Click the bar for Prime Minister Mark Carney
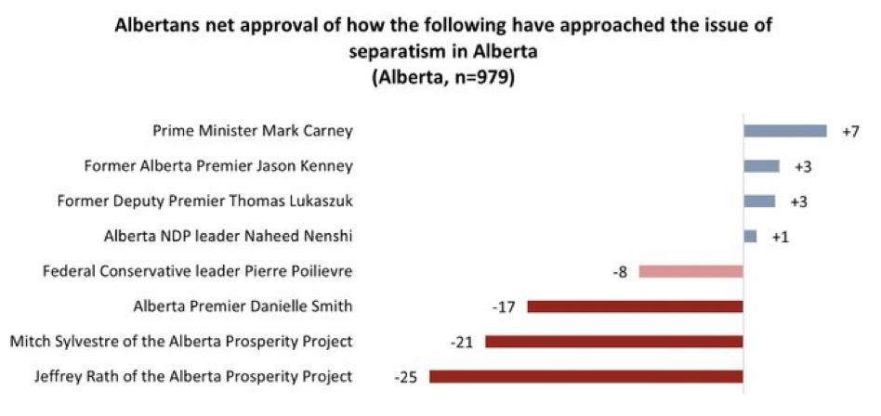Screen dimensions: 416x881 [784, 131]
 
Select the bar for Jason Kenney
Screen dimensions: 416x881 [761, 166]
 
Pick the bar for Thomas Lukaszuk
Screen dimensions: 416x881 [758, 201]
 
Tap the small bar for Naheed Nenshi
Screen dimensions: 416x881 [750, 237]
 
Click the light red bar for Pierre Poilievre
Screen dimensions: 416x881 [690, 271]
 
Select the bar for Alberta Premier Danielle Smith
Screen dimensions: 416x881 [635, 306]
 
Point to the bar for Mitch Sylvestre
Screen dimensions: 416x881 [613, 342]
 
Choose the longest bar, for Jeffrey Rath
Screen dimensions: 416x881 [585, 376]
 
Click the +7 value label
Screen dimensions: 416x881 [850, 131]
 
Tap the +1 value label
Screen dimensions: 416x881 [781, 237]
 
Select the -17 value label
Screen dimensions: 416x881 [505, 306]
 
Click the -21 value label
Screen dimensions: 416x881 [462, 342]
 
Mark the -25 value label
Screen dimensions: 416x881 [406, 377]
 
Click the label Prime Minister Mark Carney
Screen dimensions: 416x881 [253, 131]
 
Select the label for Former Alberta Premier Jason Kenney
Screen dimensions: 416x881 [218, 166]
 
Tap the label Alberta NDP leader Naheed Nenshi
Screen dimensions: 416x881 [229, 237]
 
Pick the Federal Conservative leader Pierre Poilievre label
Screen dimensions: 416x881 [198, 271]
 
